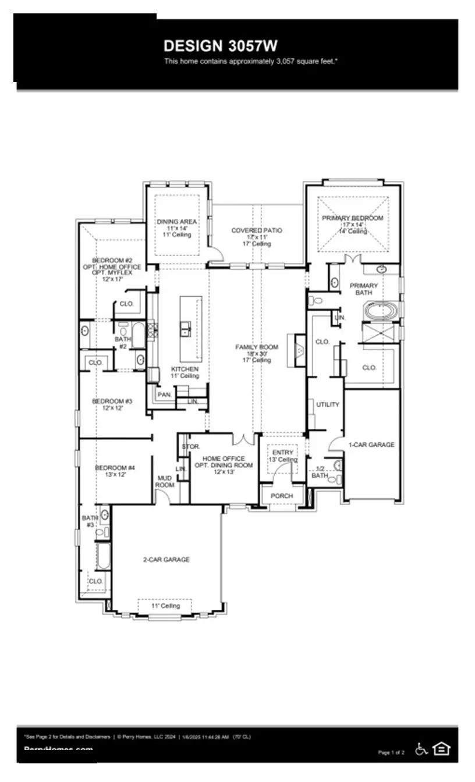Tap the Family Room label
click(x=257, y=347)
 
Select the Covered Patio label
click(x=257, y=230)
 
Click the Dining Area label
click(x=176, y=222)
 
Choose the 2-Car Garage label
click(x=166, y=560)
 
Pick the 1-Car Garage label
click(x=371, y=445)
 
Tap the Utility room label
click(x=327, y=404)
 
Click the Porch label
click(x=282, y=496)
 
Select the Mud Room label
click(x=164, y=481)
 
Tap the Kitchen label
click(x=185, y=369)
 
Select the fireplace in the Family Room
click(x=299, y=350)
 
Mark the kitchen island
click(x=191, y=329)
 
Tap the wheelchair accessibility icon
click(x=421, y=749)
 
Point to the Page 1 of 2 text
click(x=391, y=752)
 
